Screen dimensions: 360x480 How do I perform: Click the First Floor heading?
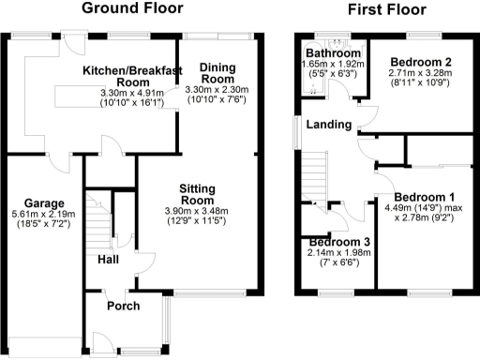387,10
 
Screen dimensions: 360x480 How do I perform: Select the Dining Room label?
217,72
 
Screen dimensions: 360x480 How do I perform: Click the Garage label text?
44,202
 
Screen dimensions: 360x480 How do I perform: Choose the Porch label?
124,306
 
